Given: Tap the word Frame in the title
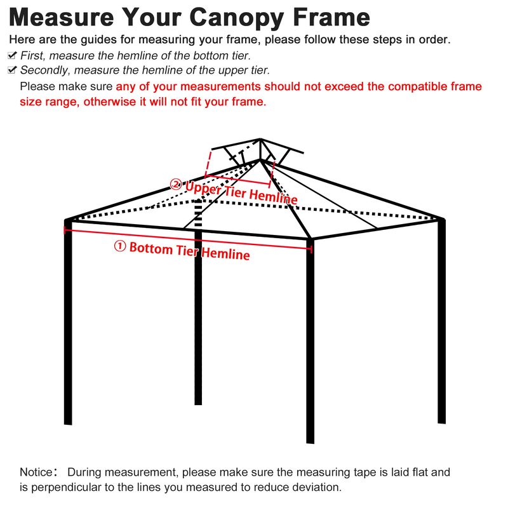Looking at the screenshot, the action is tap(331, 17).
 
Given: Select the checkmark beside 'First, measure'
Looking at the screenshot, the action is tap(12, 55).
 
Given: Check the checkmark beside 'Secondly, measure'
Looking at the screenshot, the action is tap(12, 70).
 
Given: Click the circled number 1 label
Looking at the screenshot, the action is tap(120, 246).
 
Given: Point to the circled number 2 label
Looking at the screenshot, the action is tap(176, 185).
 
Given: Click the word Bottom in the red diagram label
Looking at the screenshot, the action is tap(151, 248).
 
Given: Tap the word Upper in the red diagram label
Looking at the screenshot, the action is tap(203, 188).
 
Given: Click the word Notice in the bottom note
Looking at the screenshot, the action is tap(36, 472).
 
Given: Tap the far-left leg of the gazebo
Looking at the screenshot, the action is tap(68, 323).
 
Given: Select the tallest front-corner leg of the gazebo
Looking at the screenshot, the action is tap(311, 341).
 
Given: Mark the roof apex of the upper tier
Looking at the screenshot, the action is tap(260, 139).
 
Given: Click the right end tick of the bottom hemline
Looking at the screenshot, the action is tap(311, 249).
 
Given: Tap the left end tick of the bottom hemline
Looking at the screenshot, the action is tap(65, 230).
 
